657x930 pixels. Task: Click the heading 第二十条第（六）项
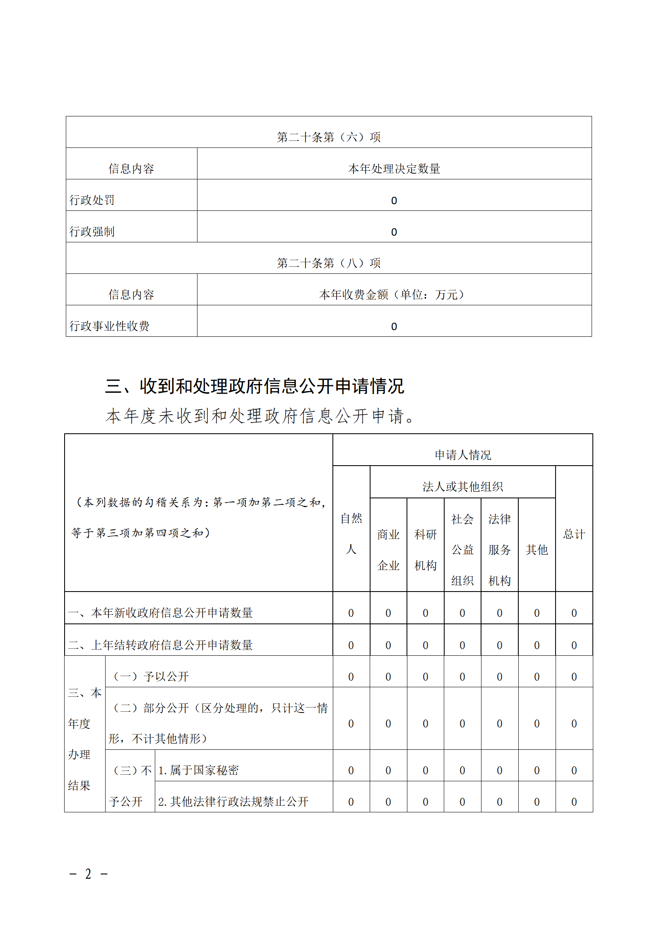pos(328,137)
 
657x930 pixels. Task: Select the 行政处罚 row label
pos(92,200)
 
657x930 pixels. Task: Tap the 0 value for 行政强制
pos(394,232)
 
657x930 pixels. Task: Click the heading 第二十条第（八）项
pos(328,263)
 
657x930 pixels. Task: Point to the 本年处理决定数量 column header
pos(394,169)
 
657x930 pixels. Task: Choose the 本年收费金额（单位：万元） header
pos(392,295)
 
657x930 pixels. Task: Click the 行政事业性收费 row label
pos(109,326)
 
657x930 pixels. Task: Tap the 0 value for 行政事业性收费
pos(394,326)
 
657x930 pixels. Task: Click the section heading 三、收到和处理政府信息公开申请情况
pos(254,386)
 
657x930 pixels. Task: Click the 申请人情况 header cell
pos(462,455)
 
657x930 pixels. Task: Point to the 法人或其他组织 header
pos(462,486)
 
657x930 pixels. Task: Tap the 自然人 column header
pos(351,534)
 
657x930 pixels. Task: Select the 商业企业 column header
pos(388,550)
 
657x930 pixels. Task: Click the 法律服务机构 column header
pos(499,550)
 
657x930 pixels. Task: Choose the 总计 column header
pos(574,534)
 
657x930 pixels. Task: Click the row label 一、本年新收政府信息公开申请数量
pos(160,613)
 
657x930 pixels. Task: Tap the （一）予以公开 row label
pos(151,676)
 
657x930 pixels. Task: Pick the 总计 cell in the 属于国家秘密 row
pos(574,770)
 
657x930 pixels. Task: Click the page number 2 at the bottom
pos(88,874)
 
